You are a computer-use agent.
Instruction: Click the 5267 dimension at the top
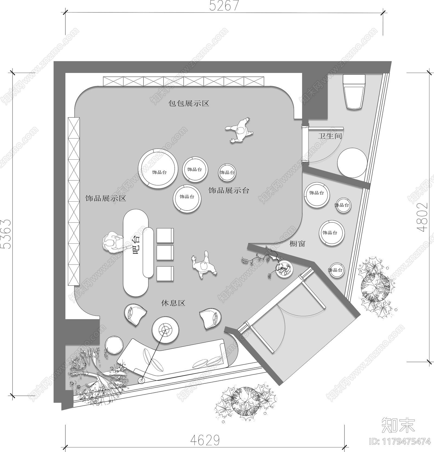(x=224, y=5)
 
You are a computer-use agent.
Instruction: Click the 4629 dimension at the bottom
(x=205, y=440)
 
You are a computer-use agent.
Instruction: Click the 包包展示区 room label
(x=189, y=104)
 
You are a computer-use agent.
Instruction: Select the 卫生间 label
(x=330, y=136)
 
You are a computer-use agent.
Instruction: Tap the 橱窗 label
(x=297, y=244)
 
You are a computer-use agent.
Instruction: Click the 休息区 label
(x=173, y=303)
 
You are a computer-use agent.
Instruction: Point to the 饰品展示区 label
(x=106, y=198)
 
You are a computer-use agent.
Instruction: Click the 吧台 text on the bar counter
(x=136, y=245)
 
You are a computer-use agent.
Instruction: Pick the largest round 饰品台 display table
(x=158, y=168)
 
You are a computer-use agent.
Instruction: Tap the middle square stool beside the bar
(x=165, y=253)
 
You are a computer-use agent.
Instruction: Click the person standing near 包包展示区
(x=240, y=130)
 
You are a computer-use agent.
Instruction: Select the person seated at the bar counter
(x=111, y=243)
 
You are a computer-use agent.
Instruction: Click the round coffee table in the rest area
(x=165, y=330)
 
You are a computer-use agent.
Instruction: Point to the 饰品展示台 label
(x=229, y=191)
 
